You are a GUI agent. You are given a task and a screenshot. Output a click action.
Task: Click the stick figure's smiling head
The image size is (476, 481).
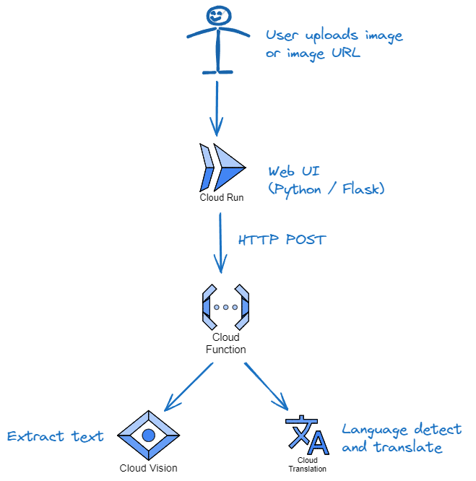[216, 15]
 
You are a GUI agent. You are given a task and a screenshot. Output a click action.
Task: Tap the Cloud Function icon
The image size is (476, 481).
[225, 307]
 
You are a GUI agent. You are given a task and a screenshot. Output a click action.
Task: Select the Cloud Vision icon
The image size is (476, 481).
[149, 435]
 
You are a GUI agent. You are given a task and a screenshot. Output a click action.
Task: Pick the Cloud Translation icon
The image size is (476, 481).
[306, 435]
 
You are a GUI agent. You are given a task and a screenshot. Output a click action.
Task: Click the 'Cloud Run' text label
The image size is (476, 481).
[222, 197]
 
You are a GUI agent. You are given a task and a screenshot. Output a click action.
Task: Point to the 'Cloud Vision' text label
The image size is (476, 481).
[149, 467]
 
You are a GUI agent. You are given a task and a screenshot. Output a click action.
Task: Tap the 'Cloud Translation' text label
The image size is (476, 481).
[307, 464]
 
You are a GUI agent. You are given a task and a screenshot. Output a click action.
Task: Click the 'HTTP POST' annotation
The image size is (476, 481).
[282, 239]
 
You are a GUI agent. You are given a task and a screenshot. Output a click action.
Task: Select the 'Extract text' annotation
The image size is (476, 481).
[55, 436]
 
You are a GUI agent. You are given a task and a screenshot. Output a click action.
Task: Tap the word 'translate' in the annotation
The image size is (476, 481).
[407, 448]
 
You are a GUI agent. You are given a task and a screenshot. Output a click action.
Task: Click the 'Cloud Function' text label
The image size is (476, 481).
[225, 343]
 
